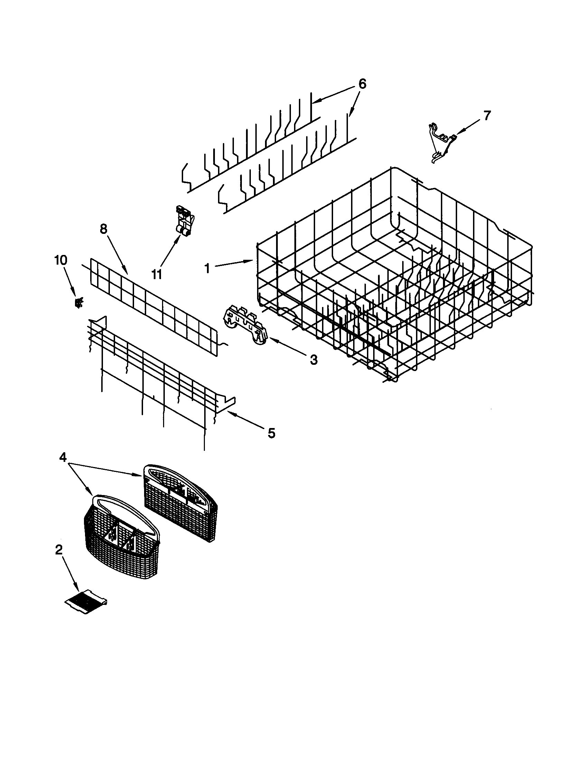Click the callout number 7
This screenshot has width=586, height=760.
(x=486, y=115)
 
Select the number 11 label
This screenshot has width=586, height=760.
(x=157, y=274)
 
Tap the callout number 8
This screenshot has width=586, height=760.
(x=103, y=229)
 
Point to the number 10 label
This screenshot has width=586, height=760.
(x=60, y=260)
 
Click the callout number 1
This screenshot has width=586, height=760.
(x=207, y=268)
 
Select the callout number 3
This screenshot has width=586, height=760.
(x=313, y=360)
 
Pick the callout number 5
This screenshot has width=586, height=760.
(x=271, y=433)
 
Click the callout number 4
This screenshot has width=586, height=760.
(x=63, y=458)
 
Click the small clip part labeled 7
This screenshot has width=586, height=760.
(x=441, y=143)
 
